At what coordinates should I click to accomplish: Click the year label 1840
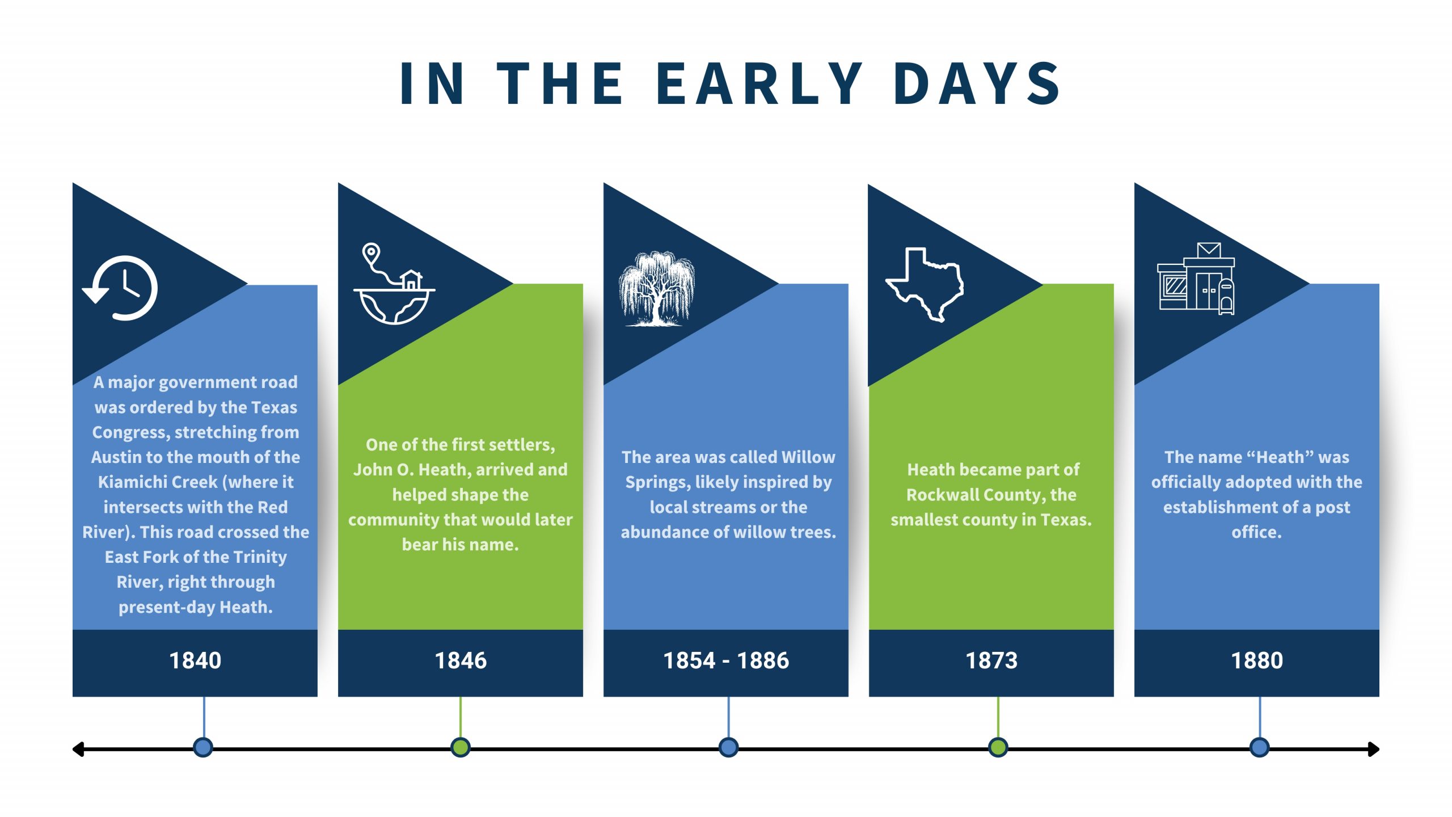point(195,660)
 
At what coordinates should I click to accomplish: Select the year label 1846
point(461,660)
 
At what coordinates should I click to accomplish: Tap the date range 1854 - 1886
point(726,660)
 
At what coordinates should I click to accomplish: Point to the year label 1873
point(991,660)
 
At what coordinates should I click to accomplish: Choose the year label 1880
point(1257,660)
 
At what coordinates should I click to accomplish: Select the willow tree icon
point(657,289)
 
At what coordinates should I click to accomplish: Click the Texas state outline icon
point(925,284)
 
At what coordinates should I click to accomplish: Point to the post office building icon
point(1196,278)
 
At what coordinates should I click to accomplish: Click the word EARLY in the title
point(759,83)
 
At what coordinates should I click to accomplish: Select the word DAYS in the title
point(976,83)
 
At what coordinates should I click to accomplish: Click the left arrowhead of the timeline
point(78,749)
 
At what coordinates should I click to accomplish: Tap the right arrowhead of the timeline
point(1374,749)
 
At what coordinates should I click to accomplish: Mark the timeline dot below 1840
point(203,747)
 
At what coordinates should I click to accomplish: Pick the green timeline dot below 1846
point(461,747)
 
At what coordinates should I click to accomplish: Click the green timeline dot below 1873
point(998,747)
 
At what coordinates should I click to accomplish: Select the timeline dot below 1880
point(1259,747)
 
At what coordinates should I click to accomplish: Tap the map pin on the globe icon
point(371,254)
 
